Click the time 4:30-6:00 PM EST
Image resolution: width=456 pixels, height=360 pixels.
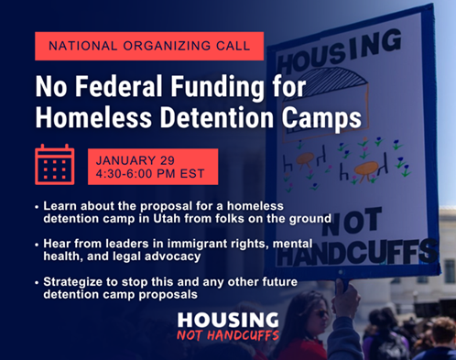[x=151, y=173]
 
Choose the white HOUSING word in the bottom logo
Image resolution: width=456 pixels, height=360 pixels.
[x=227, y=320]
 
